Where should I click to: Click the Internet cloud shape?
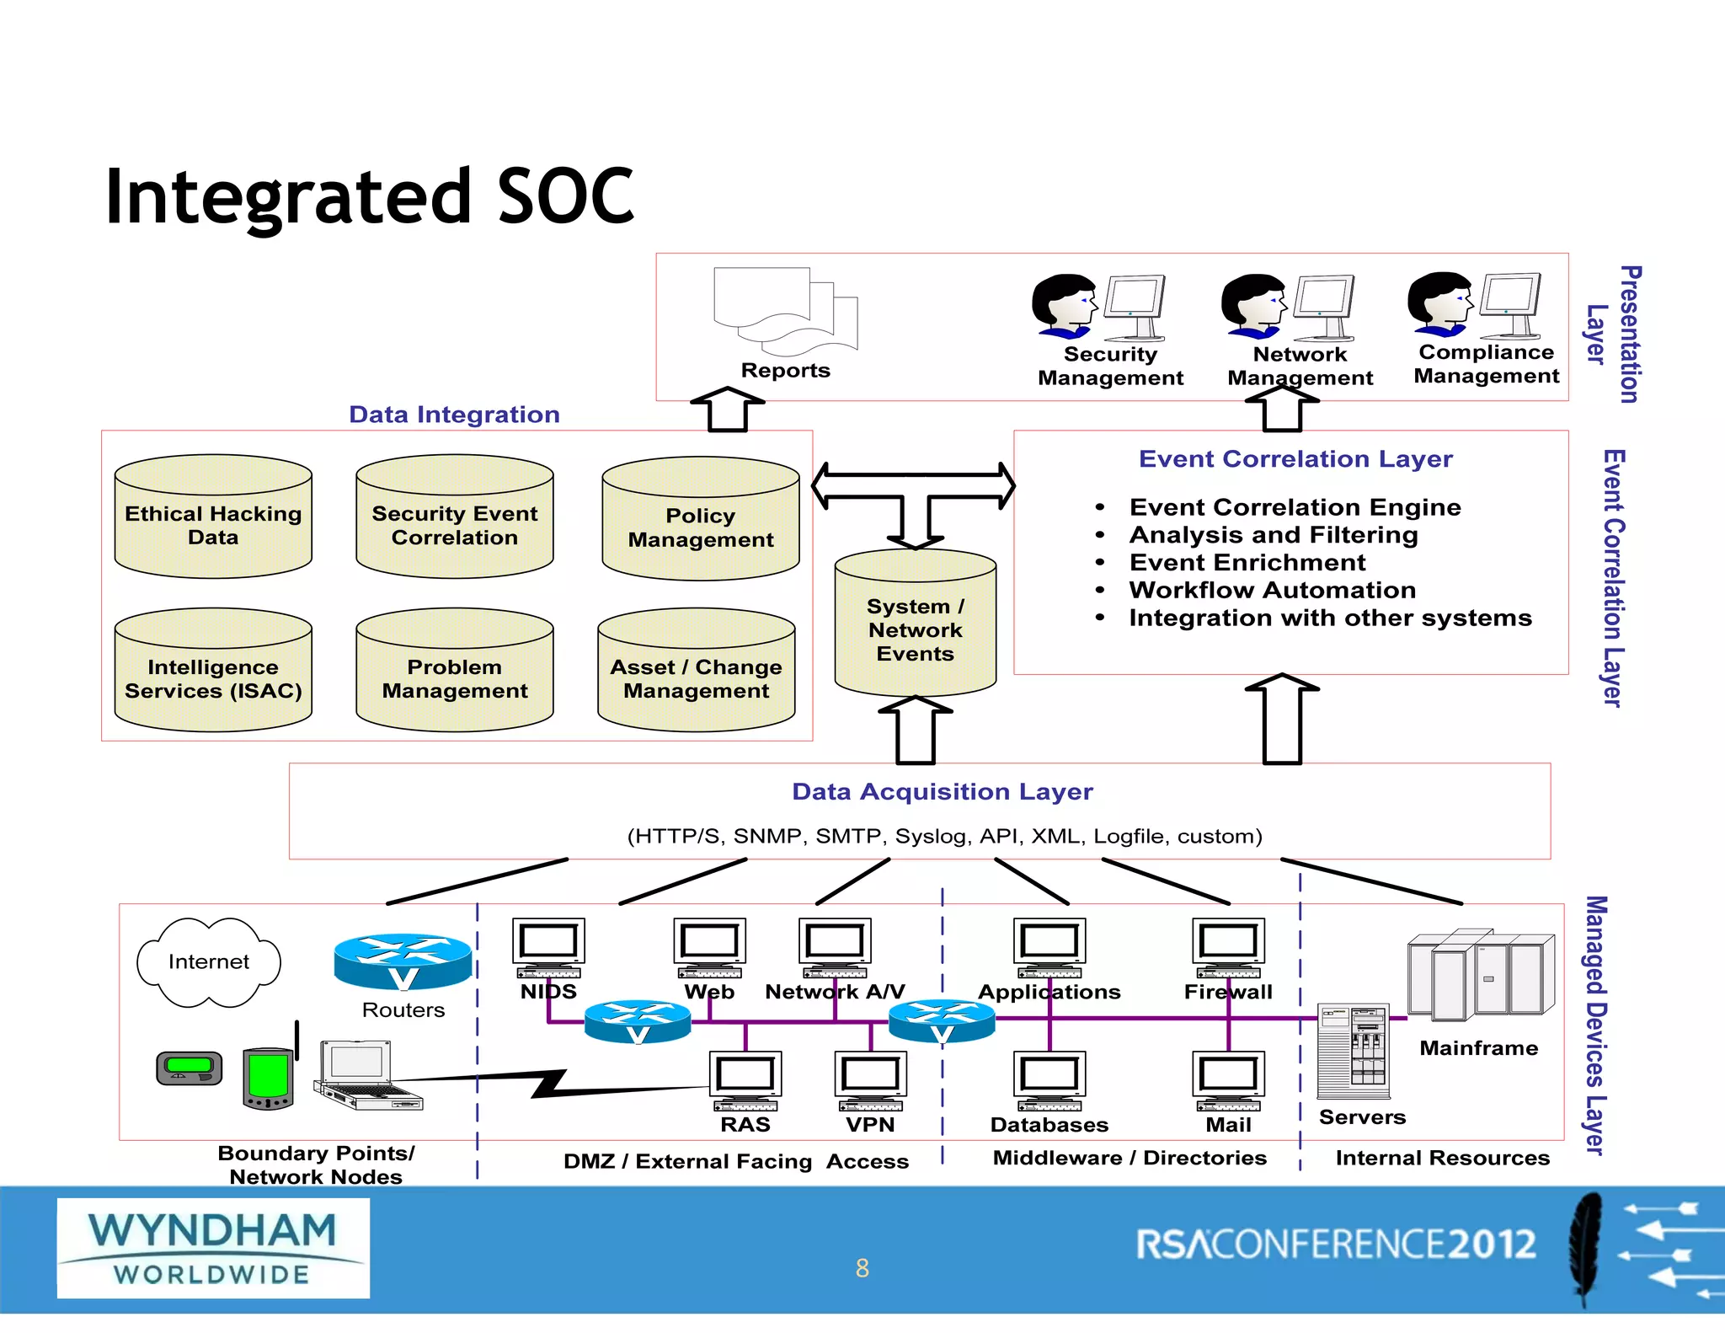(208, 962)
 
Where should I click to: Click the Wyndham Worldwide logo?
(213, 1248)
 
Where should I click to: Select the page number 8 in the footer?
(862, 1268)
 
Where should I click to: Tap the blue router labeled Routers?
(403, 961)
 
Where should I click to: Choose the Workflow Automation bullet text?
(1272, 590)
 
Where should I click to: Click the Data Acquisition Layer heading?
(942, 792)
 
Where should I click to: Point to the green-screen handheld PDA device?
(268, 1078)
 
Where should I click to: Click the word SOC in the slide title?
(565, 196)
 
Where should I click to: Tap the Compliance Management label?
(1486, 364)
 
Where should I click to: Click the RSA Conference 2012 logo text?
(1335, 1245)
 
